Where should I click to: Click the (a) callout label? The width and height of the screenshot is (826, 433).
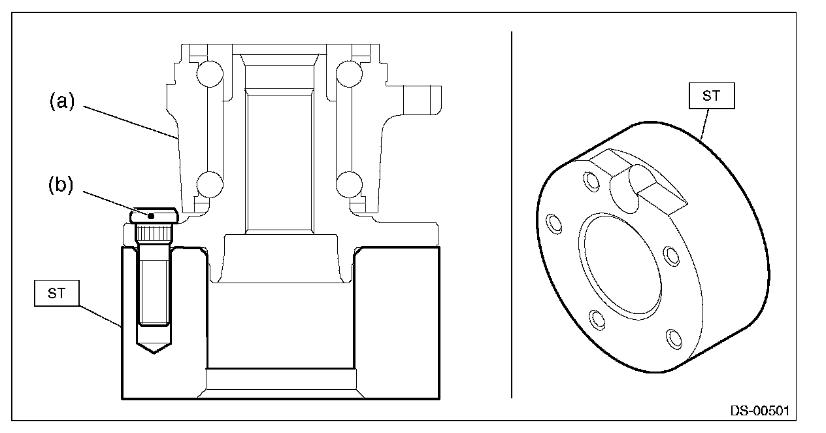pyautogui.click(x=62, y=101)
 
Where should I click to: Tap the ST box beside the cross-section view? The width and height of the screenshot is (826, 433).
pyautogui.click(x=56, y=294)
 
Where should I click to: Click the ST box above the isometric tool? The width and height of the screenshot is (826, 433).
pyautogui.click(x=711, y=96)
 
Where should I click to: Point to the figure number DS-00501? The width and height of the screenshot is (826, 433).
pyautogui.click(x=759, y=411)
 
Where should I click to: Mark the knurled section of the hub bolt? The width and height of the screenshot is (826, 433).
pyautogui.click(x=154, y=233)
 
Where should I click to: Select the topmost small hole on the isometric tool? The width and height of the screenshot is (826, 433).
pyautogui.click(x=591, y=181)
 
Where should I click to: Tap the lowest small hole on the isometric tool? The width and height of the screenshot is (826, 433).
pyautogui.click(x=673, y=339)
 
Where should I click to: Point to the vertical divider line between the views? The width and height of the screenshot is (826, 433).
pyautogui.click(x=511, y=216)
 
